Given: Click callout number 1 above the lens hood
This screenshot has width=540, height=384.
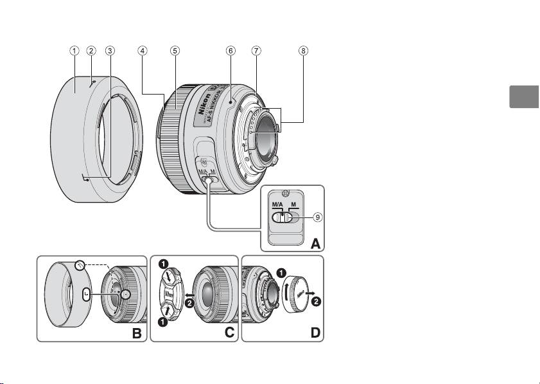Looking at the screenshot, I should click(75, 50).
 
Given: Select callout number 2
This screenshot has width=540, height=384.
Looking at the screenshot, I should click(92, 50).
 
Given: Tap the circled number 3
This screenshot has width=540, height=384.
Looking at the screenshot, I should click(110, 50).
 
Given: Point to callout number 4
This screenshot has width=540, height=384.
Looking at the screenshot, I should click(143, 50).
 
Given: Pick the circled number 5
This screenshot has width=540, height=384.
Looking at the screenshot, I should click(175, 50).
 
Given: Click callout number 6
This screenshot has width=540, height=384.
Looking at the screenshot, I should click(229, 50).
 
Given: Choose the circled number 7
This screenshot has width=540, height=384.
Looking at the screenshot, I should click(256, 50).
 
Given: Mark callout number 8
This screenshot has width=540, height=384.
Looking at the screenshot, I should click(303, 50).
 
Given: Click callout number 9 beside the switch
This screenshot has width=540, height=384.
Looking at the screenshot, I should click(317, 217).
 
